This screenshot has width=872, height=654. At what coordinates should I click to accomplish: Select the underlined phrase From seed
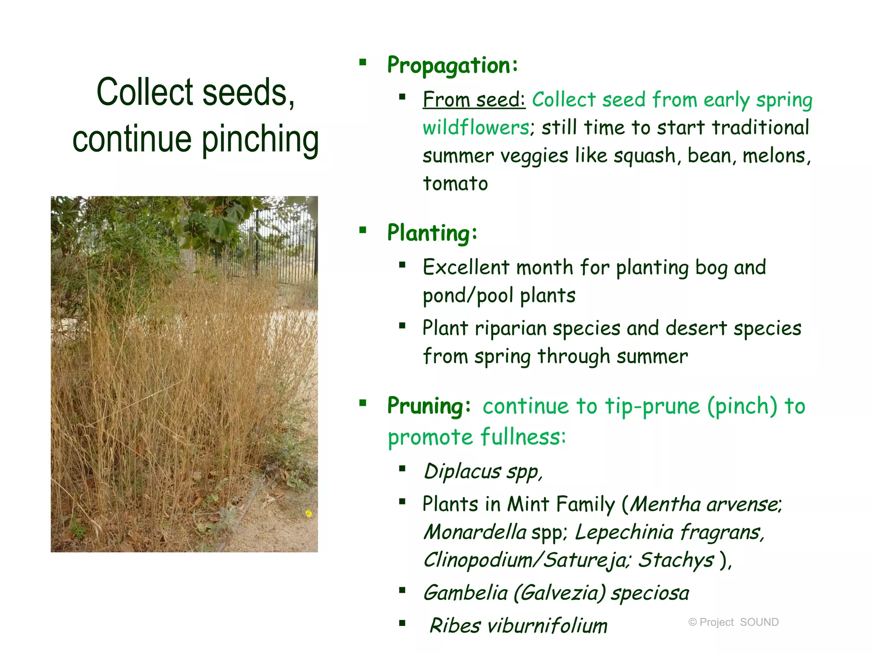click(473, 100)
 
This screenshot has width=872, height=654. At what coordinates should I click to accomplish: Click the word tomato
click(455, 184)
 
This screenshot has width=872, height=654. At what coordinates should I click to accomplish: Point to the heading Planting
click(432, 233)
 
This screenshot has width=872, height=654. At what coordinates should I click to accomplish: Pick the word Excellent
click(466, 267)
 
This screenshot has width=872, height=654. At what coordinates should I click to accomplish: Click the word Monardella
click(475, 532)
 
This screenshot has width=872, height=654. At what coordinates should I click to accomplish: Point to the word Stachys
click(676, 560)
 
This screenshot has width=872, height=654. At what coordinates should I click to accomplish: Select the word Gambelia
click(465, 593)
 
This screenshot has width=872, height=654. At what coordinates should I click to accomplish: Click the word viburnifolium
click(547, 626)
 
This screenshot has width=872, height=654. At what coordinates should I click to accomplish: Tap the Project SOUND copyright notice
click(733, 622)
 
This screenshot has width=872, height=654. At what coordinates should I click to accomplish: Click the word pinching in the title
click(260, 139)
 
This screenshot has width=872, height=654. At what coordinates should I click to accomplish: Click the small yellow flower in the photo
click(309, 514)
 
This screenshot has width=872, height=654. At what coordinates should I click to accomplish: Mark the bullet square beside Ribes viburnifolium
click(402, 623)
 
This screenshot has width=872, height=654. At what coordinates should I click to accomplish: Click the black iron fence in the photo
click(277, 247)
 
